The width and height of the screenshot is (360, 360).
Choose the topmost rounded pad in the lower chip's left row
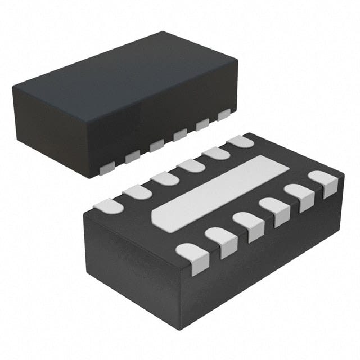pos(241,141)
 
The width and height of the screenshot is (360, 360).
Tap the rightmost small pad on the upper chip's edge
pos(224,114)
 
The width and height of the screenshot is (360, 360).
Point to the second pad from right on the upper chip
pos(202,124)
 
